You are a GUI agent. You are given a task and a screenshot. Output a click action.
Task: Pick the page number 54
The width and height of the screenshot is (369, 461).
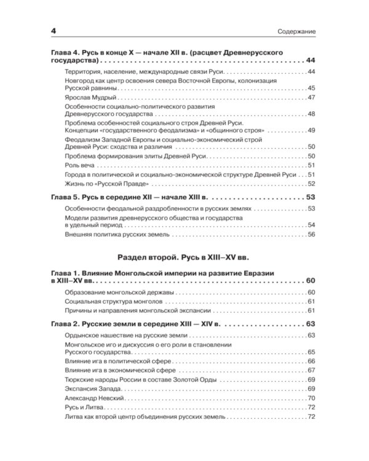(311, 226)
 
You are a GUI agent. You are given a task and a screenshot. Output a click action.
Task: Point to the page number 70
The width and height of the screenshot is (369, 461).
(311, 399)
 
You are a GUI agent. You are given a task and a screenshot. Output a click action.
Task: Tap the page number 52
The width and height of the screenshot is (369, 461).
(311, 183)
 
